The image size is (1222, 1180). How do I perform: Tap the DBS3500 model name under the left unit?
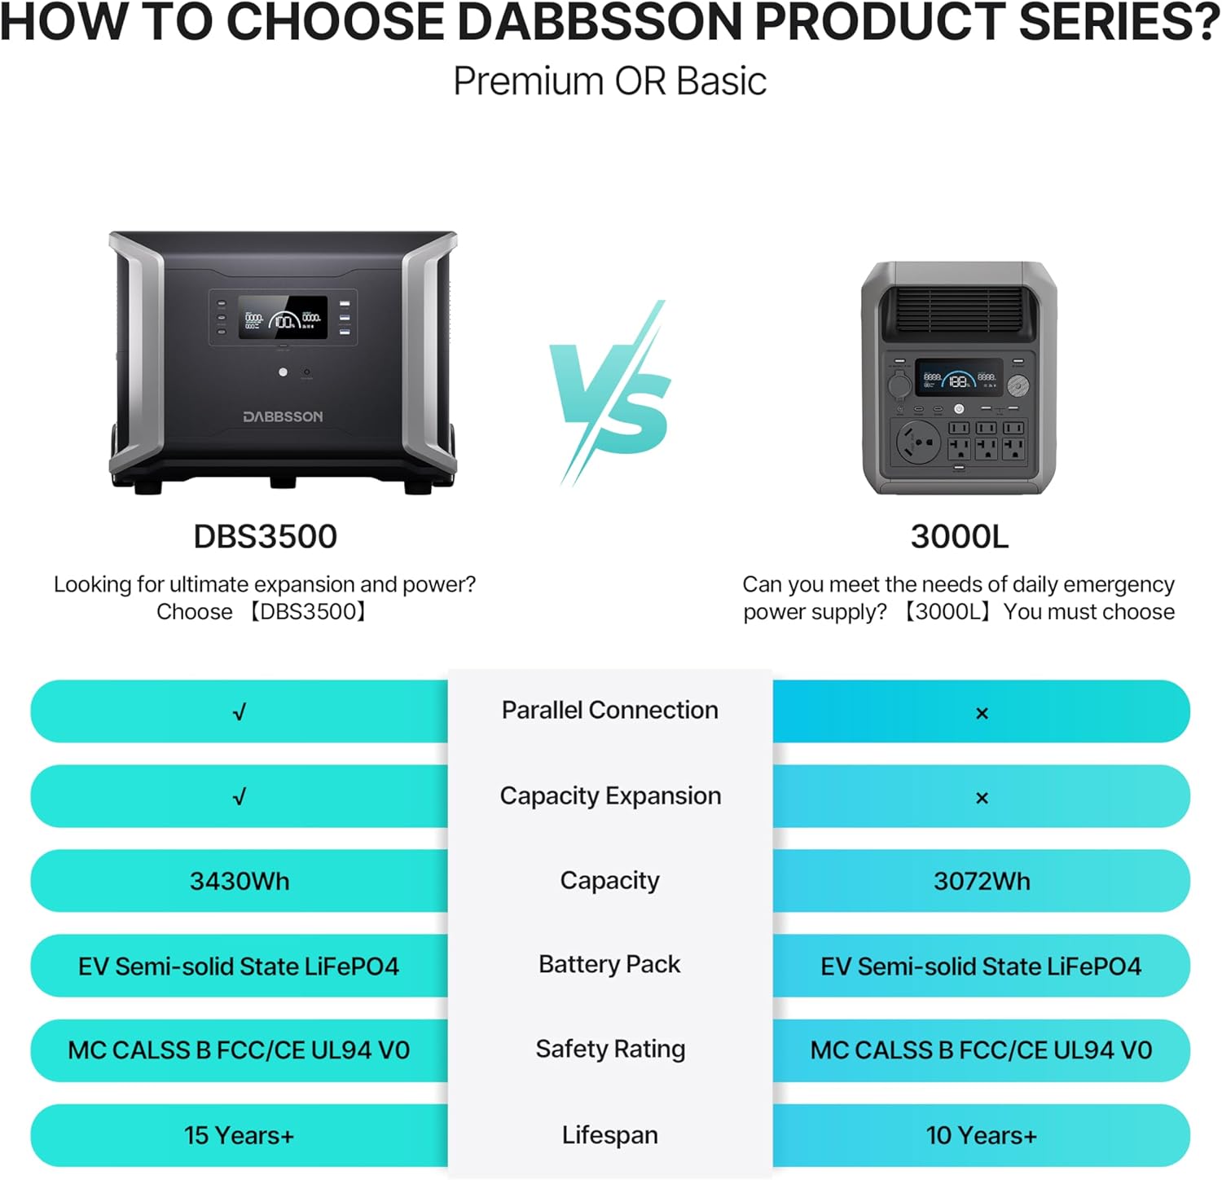[x=265, y=536]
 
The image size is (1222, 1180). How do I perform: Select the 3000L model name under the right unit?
[x=959, y=536]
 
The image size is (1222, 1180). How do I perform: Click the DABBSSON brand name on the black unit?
[x=283, y=416]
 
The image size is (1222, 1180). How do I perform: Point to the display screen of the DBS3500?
[x=283, y=318]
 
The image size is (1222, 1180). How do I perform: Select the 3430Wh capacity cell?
[x=240, y=881]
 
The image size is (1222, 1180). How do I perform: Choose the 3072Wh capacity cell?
[x=982, y=881]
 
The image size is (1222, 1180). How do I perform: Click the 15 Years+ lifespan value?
[x=239, y=1135]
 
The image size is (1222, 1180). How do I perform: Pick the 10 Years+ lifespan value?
[x=981, y=1135]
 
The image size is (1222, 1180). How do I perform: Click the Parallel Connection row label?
[x=609, y=710]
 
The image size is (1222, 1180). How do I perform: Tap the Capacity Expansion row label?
[x=610, y=795]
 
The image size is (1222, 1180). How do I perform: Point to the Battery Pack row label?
[x=609, y=964]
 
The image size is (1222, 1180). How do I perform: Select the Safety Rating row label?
[x=610, y=1049]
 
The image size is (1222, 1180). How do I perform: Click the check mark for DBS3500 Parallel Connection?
[x=240, y=712]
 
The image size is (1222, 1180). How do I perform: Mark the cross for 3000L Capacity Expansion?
[x=982, y=798]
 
